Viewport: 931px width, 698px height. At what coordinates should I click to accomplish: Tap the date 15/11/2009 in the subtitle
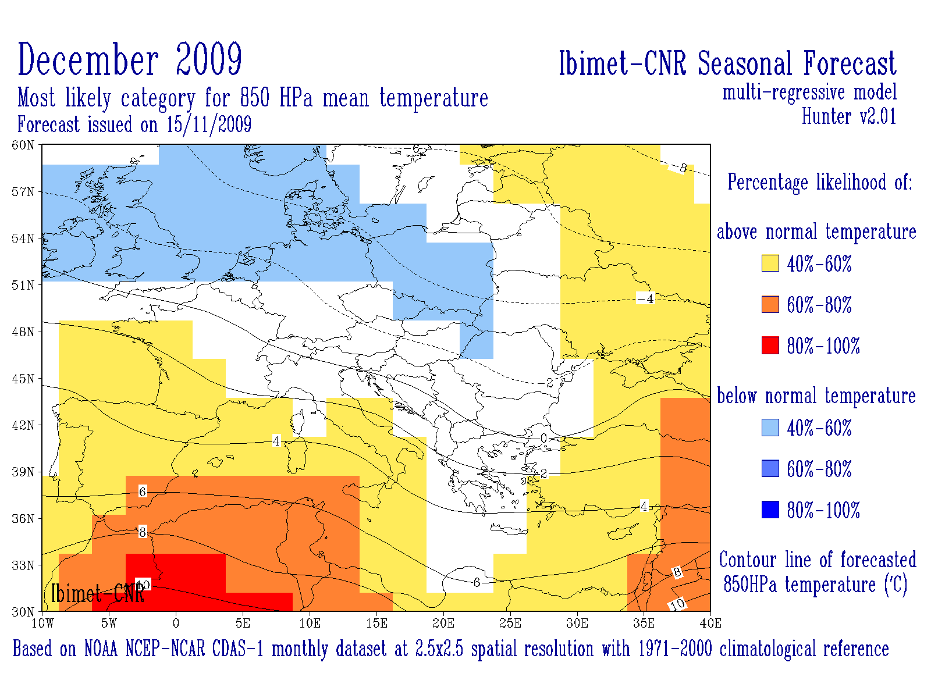pyautogui.click(x=209, y=124)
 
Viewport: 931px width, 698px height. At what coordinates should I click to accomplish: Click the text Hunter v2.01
pyautogui.click(x=848, y=116)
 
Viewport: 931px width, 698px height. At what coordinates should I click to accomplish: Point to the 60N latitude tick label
pyautogui.click(x=23, y=145)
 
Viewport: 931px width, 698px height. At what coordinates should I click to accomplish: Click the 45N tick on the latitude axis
pyautogui.click(x=23, y=379)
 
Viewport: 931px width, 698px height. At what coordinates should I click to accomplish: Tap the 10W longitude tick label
pyautogui.click(x=42, y=624)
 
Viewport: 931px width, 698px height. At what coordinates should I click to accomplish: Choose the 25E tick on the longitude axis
pyautogui.click(x=510, y=624)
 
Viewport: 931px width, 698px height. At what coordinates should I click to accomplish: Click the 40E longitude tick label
pyautogui.click(x=710, y=624)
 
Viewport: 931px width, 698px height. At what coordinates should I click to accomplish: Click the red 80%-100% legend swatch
pyautogui.click(x=770, y=346)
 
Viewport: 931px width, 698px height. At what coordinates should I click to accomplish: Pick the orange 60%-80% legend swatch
pyautogui.click(x=770, y=304)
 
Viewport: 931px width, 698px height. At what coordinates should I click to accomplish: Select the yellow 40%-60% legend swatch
pyautogui.click(x=770, y=263)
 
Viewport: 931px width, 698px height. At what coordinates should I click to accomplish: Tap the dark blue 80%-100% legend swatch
pyautogui.click(x=770, y=510)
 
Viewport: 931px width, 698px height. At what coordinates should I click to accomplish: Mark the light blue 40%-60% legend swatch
pyautogui.click(x=770, y=428)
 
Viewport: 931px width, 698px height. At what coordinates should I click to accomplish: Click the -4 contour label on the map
pyautogui.click(x=646, y=299)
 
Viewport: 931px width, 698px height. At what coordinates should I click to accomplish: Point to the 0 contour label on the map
pyautogui.click(x=543, y=438)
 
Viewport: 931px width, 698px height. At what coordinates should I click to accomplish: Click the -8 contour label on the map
pyautogui.click(x=681, y=168)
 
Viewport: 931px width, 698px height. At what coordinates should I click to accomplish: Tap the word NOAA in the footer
pyautogui.click(x=102, y=649)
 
